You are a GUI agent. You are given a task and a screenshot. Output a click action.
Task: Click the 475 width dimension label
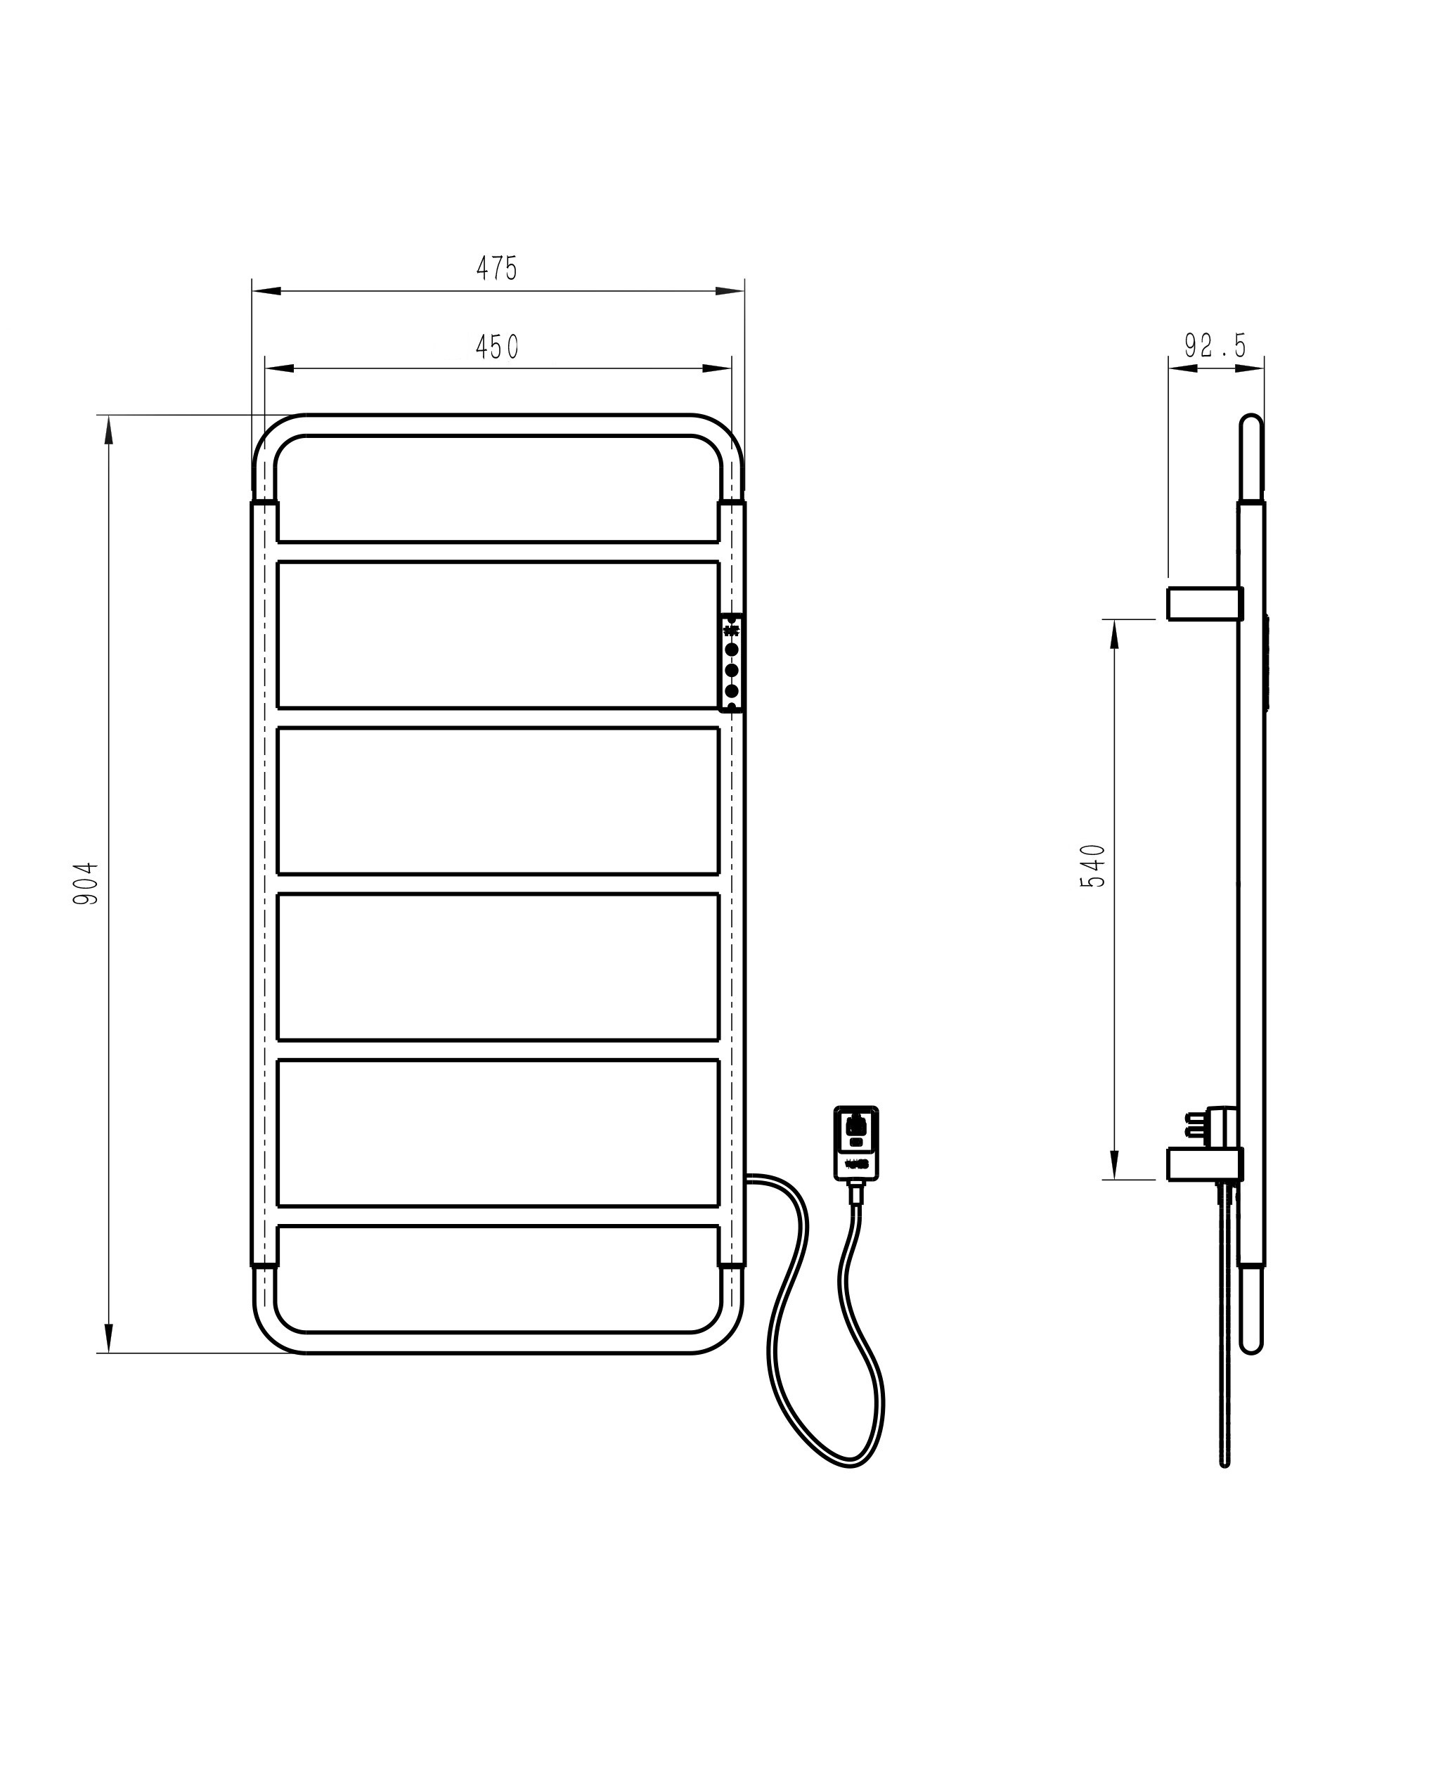click(497, 268)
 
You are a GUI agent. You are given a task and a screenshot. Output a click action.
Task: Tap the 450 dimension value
click(497, 347)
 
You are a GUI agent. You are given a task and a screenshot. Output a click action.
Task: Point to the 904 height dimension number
click(86, 884)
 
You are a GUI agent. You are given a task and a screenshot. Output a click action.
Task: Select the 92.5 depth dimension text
click(1215, 345)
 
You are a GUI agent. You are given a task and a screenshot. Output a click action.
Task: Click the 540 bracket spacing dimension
click(1094, 866)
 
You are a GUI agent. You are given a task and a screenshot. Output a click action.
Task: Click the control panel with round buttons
click(732, 663)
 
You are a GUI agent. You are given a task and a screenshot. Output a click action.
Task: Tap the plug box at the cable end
click(855, 1142)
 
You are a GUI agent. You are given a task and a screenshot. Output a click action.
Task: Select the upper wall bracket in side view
click(1205, 603)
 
